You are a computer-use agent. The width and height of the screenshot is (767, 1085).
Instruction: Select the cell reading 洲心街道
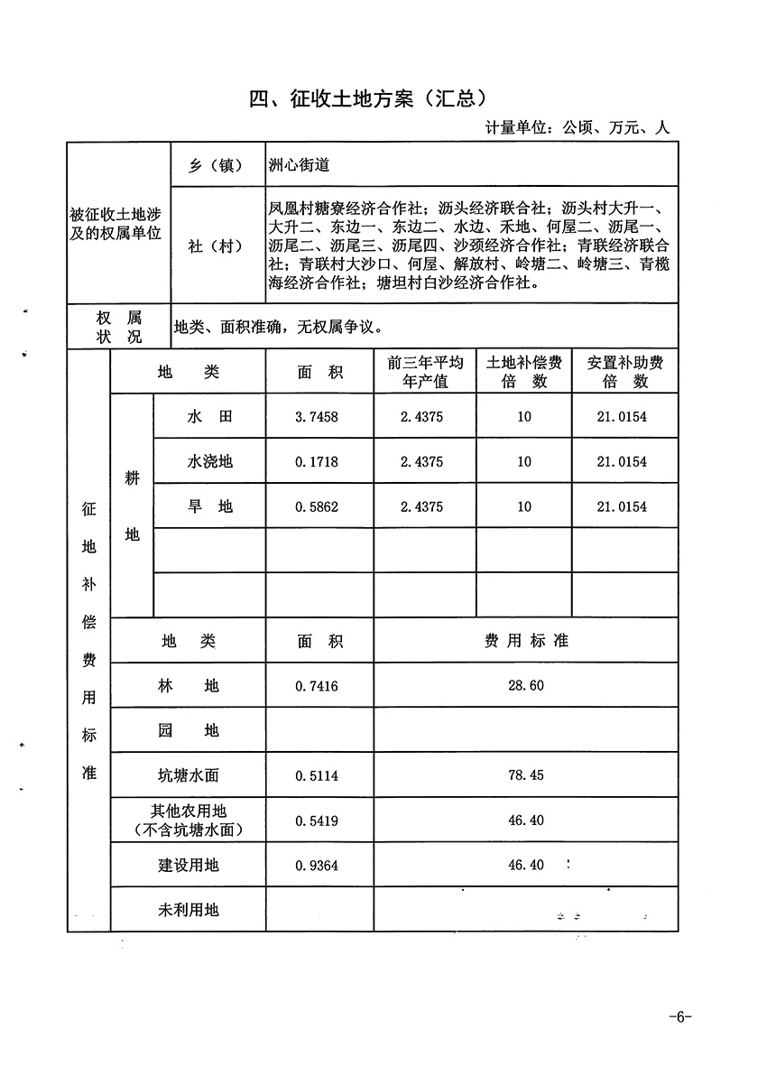(x=300, y=165)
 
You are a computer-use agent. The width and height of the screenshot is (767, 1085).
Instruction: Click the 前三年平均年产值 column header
(x=424, y=372)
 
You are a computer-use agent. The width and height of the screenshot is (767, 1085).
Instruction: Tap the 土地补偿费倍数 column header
(x=524, y=372)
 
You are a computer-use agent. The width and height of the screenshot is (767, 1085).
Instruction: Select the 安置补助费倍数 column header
(x=624, y=372)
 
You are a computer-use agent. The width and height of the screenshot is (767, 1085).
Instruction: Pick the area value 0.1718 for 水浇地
(x=317, y=462)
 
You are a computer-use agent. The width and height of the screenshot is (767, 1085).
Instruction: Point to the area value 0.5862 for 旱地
(x=317, y=507)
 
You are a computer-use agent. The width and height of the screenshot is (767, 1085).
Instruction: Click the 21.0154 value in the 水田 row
(x=622, y=417)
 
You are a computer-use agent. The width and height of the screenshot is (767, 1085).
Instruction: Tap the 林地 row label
(x=189, y=686)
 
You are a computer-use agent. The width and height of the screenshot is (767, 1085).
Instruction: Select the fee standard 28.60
(x=525, y=686)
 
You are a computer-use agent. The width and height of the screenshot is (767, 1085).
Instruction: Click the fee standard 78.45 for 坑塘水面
(x=525, y=775)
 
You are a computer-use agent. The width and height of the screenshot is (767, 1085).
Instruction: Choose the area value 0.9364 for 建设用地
(x=317, y=866)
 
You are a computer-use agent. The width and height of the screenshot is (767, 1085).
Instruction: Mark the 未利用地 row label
(x=189, y=910)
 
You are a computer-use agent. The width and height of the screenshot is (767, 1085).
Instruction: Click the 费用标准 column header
(x=525, y=641)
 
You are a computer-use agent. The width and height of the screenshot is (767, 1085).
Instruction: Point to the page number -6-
(x=679, y=1017)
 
